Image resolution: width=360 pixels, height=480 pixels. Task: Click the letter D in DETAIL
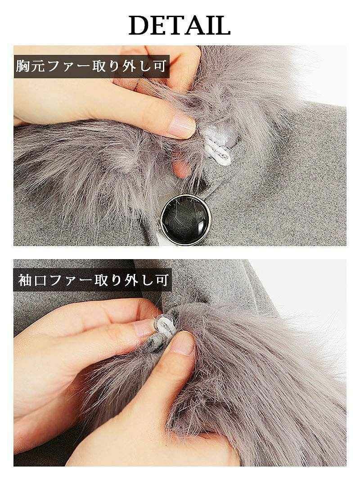tap(140, 26)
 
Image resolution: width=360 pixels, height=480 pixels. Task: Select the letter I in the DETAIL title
tap(210, 26)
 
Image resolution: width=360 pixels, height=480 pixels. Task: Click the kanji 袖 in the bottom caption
tap(24, 281)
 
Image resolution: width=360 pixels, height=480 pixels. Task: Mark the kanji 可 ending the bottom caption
tap(160, 281)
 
